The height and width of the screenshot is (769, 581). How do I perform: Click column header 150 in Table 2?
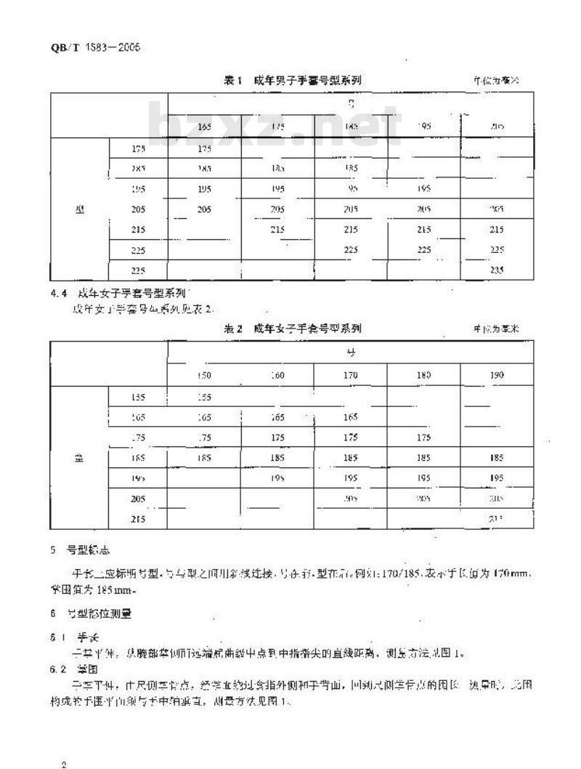[x=205, y=375]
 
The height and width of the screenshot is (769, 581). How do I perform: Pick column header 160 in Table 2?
[x=277, y=375]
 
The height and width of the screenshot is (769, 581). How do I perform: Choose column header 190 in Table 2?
[x=497, y=375]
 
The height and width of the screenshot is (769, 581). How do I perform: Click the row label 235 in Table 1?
[x=139, y=270]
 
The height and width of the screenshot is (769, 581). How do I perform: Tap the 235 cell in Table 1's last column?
[x=497, y=270]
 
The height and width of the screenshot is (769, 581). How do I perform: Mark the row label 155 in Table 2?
[x=139, y=397]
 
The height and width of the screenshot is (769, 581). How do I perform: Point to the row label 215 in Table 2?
[x=139, y=519]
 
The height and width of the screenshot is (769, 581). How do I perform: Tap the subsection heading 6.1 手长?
[x=72, y=637]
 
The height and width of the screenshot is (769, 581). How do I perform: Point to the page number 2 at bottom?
[x=65, y=744]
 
